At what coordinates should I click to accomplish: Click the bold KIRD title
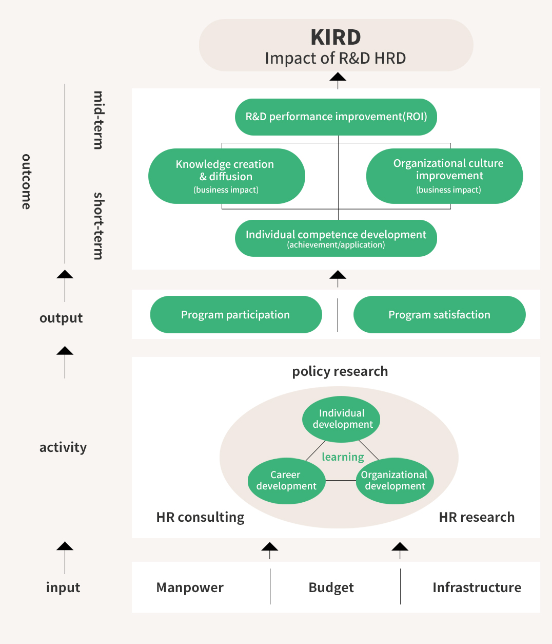(336, 37)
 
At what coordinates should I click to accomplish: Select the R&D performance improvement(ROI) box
(336, 117)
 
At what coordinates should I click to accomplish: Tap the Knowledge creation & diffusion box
(227, 176)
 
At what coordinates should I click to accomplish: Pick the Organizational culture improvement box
(445, 176)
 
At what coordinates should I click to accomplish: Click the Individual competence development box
(336, 238)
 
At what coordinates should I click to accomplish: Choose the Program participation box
(236, 314)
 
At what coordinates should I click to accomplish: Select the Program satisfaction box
(439, 314)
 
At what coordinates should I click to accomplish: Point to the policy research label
(340, 371)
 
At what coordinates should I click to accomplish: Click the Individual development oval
(341, 419)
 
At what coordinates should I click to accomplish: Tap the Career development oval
(287, 481)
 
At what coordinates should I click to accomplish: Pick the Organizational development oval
(395, 481)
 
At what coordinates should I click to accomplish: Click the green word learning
(343, 457)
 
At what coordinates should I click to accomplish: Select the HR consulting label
(201, 517)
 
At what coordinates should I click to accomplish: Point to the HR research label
(477, 517)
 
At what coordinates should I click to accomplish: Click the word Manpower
(190, 588)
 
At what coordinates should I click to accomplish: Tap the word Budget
(331, 588)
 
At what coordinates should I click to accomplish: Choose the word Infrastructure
(477, 588)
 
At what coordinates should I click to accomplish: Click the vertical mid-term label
(98, 120)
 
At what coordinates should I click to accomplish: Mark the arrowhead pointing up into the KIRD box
(338, 77)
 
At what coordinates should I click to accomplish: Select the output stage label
(61, 318)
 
